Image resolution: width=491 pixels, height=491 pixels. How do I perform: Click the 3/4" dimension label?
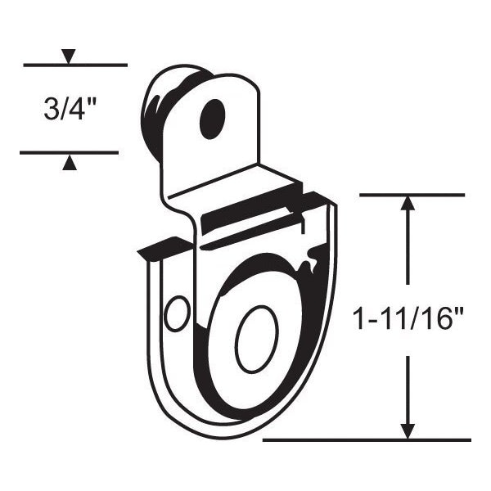point(70,109)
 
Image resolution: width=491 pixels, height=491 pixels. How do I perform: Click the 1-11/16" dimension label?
point(408,320)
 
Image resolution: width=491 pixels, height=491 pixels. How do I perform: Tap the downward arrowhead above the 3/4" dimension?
point(69,56)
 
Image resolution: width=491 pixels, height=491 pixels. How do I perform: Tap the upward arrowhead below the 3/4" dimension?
point(70,163)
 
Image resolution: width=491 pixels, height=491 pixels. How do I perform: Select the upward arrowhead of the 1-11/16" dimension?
point(408,203)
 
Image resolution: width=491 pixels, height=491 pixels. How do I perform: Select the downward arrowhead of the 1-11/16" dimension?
point(408,431)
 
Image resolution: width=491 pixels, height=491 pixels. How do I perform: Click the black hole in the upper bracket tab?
point(213,119)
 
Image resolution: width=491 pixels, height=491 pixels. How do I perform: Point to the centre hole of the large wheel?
point(257,340)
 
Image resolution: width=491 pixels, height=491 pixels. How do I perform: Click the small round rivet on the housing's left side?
point(177,313)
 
